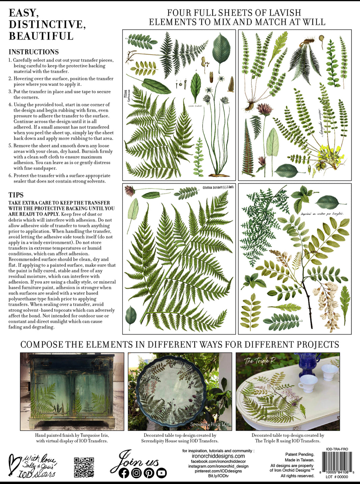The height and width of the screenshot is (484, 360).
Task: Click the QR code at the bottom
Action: click(84, 467)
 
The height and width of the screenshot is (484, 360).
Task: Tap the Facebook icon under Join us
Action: click(124, 473)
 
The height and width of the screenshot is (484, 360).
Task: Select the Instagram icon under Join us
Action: click(136, 473)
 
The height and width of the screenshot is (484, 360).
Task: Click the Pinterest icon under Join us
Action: click(149, 473)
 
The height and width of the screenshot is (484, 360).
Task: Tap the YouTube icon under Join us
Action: click(161, 473)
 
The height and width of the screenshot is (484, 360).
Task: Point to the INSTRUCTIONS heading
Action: click(34, 52)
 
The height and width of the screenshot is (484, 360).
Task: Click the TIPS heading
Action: click(16, 195)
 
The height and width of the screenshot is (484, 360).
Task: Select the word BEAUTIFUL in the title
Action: click(41, 36)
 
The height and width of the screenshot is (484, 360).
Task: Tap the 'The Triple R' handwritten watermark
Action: click(260, 361)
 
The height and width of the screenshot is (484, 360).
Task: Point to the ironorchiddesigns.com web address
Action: click(218, 456)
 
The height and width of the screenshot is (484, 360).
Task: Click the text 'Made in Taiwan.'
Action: click(299, 460)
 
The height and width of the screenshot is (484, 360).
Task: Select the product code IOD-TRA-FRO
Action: click(337, 449)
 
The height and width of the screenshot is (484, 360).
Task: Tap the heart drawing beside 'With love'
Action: click(14, 465)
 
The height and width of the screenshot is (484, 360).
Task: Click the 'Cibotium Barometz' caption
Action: click(218, 187)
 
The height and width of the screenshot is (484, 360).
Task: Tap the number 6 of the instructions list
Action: click(10, 176)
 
